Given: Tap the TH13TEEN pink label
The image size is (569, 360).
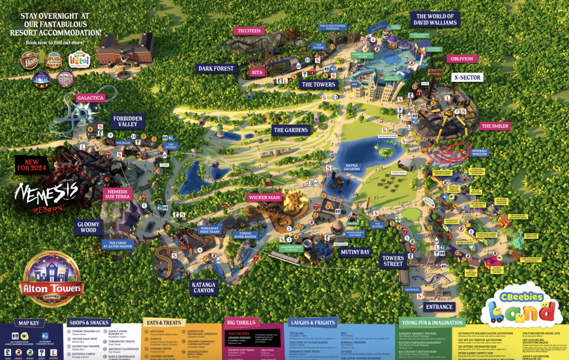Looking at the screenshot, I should coord(250,31).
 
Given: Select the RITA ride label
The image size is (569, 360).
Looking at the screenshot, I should coord(257,72).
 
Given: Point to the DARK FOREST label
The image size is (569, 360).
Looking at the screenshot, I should coord(217,69).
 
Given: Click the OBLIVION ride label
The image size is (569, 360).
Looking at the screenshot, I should coord(461,59).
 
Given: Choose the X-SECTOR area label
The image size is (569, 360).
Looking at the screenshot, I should coord(467,78).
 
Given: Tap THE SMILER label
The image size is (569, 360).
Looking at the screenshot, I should coord(495,126).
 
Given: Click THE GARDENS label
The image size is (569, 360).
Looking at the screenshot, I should coord(290,130).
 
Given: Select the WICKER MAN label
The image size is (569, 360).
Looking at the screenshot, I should coord(264,197).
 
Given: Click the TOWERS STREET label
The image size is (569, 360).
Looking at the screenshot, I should coord(392,261).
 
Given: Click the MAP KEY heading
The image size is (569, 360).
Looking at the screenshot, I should coord(32,323).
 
